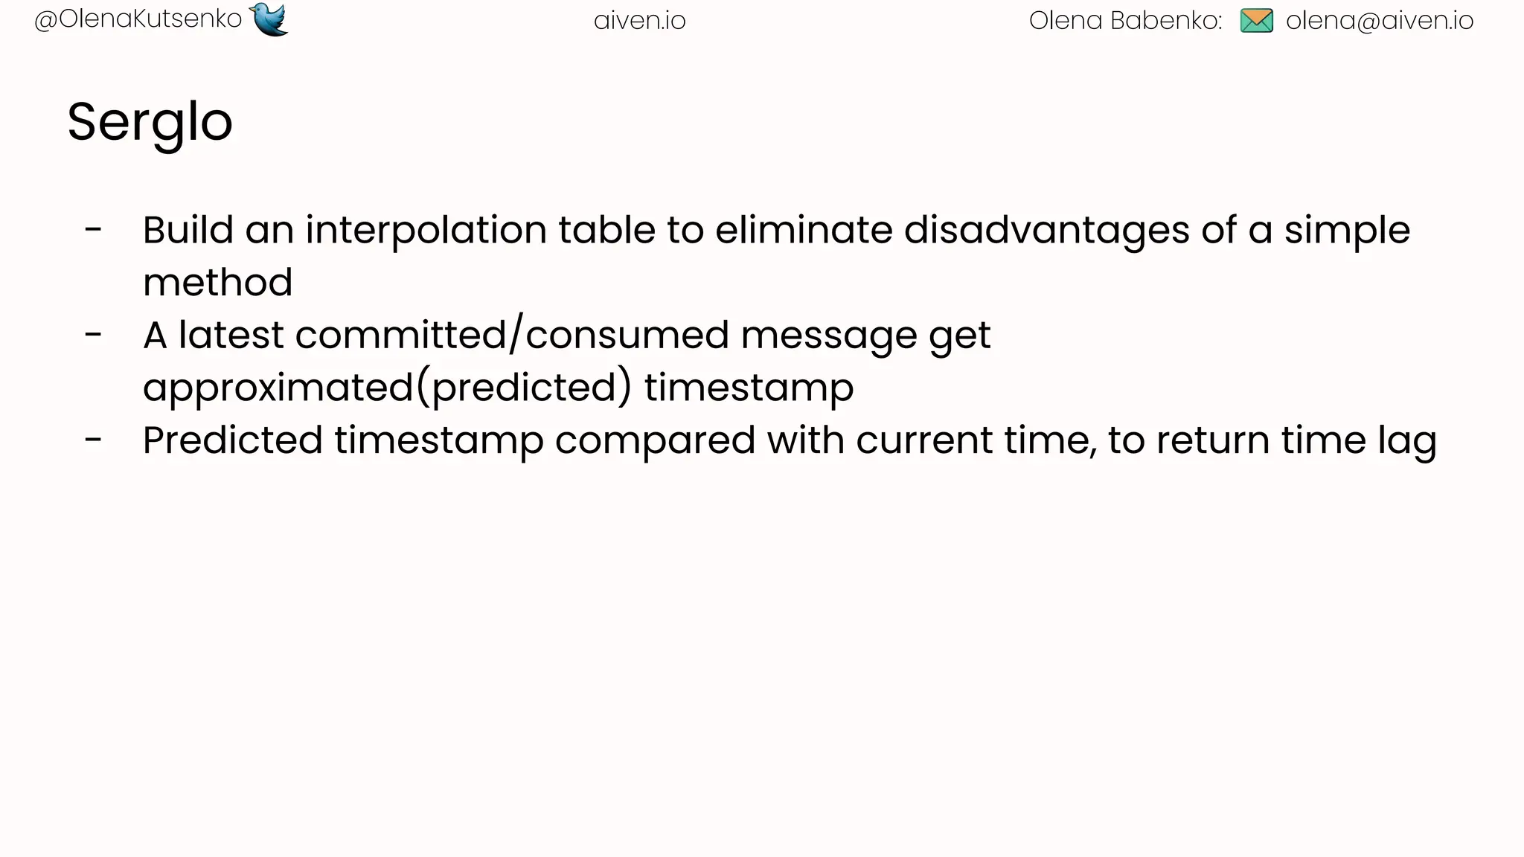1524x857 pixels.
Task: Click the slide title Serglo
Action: pos(150,123)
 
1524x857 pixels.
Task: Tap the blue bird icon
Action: pos(269,19)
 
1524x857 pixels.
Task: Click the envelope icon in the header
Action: pos(1256,21)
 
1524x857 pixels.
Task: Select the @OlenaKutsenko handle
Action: pos(138,19)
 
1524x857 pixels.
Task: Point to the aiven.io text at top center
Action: pos(639,21)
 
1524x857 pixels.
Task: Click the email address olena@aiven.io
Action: pos(1379,21)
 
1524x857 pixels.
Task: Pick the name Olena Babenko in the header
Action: pos(1124,21)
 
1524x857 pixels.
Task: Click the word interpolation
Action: pos(426,230)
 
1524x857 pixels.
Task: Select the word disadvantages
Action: pos(1046,230)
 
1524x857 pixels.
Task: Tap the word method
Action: pos(217,283)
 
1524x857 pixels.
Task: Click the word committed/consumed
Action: pos(512,336)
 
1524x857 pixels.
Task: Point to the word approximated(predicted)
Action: pos(387,388)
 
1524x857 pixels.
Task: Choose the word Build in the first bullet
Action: pos(188,230)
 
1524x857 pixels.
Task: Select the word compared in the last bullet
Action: pos(655,441)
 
